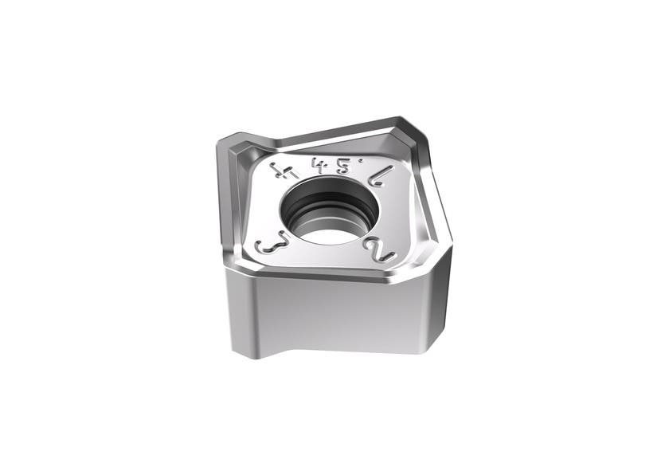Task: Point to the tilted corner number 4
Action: click(x=280, y=170)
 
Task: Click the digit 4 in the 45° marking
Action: click(x=321, y=163)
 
